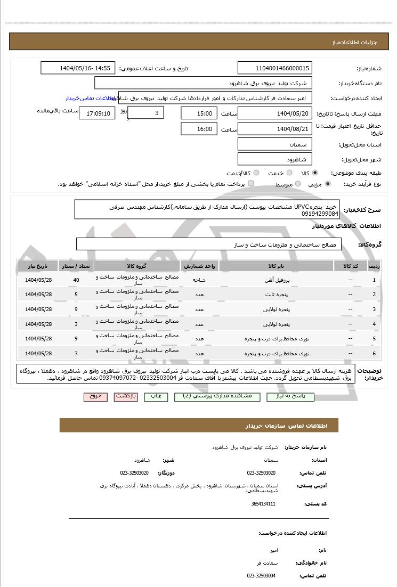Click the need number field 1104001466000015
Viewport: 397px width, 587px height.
[274, 68]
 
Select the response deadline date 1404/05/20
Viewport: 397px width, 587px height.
[274, 113]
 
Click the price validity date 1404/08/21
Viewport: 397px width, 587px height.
[274, 129]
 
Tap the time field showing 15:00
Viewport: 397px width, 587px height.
[199, 113]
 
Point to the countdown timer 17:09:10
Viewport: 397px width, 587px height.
[97, 113]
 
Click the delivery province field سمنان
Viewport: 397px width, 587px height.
[274, 144]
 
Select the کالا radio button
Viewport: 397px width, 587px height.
[315, 173]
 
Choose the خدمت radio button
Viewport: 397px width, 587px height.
[289, 173]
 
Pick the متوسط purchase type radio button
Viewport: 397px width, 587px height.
[297, 184]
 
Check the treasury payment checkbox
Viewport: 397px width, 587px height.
[251, 184]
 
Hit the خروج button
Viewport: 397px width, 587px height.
[95, 397]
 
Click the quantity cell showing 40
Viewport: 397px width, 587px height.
[76, 280]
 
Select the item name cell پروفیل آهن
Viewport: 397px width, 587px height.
[277, 280]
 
